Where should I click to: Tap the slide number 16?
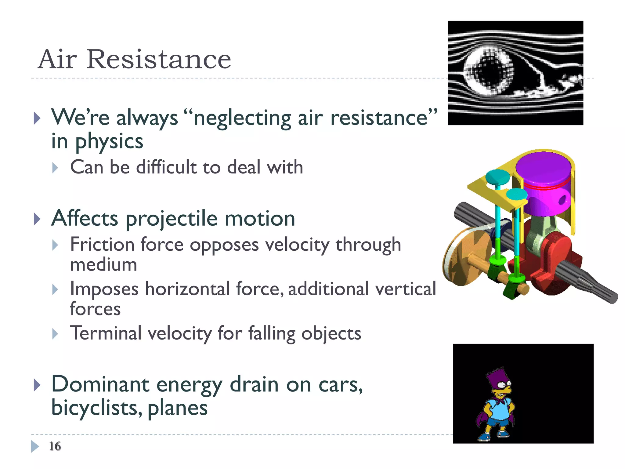point(55,446)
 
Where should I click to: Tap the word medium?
point(103,265)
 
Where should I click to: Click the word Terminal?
point(106,333)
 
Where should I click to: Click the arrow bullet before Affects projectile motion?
point(37,219)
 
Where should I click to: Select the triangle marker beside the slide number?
point(35,446)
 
